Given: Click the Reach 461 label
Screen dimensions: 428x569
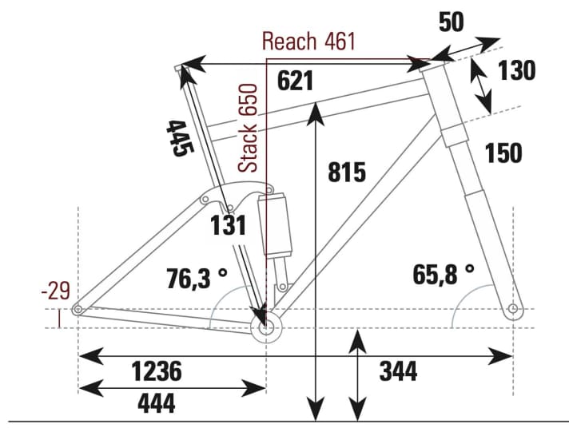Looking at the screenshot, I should coord(308,42).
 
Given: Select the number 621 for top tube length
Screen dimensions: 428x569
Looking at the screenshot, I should coord(295,80).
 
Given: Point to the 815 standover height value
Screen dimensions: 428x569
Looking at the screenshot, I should coord(346,172).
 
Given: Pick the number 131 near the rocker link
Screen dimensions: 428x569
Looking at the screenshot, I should coord(228,226).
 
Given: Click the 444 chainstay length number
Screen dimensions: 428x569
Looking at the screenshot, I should coord(157,405).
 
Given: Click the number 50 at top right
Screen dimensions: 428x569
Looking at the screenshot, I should coord(451,22).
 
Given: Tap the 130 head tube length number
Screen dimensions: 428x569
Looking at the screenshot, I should coord(516,72).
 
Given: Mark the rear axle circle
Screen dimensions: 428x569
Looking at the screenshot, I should coord(78,310).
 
